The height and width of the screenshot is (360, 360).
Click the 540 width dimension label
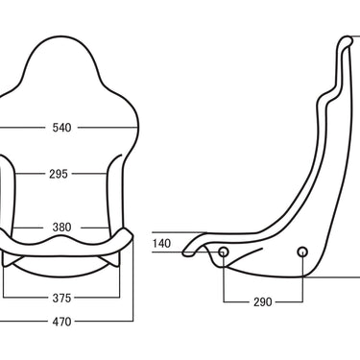pos(61,128)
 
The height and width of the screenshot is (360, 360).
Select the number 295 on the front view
pos(59,174)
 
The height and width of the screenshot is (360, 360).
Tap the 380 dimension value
pos(61,228)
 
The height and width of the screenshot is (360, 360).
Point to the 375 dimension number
pos(61,299)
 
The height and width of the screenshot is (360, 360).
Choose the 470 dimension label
pos(61,322)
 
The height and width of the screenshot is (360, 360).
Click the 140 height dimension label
pos(161,244)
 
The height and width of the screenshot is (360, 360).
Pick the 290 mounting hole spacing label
pos(263,301)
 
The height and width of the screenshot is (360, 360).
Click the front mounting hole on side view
pos(224,252)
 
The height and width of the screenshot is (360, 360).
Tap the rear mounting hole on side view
pos(302,252)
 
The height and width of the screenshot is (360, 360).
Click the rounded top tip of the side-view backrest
pos(348,39)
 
